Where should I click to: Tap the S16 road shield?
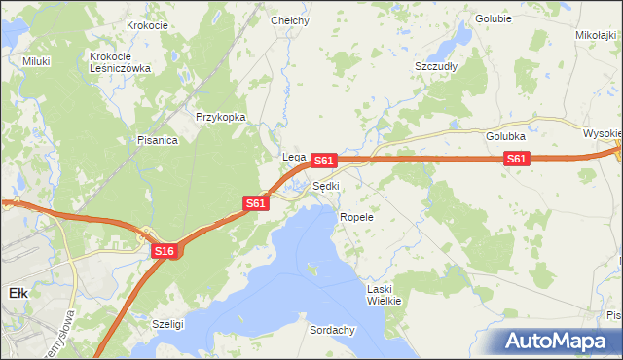point(164,251)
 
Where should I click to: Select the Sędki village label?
point(326,186)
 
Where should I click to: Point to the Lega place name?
point(294,157)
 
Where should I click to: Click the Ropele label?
point(356,217)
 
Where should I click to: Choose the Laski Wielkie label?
point(384,295)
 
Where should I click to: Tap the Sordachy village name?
point(332,330)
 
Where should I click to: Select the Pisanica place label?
point(157,140)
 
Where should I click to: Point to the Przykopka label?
point(220,117)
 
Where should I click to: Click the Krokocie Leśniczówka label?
point(119,62)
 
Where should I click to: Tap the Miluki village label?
point(36,60)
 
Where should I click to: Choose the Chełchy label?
point(289,19)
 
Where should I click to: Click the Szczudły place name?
point(436,66)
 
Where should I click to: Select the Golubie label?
point(494,18)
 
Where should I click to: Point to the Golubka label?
point(506,136)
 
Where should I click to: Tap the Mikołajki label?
point(597,35)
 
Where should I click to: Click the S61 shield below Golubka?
point(516,160)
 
